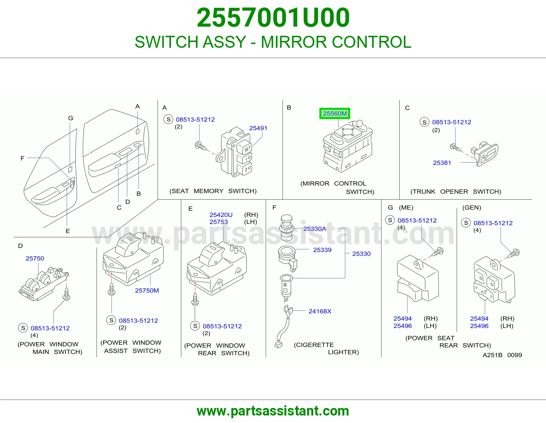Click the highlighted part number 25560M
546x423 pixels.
(x=334, y=114)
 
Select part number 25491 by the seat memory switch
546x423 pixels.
(x=258, y=128)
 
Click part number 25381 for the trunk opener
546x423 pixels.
(x=442, y=163)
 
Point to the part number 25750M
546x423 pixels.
(x=147, y=290)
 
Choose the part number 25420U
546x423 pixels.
(x=221, y=215)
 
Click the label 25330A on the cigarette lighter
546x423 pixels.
(x=315, y=229)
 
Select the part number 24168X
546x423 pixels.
(x=320, y=311)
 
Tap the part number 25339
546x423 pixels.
(x=322, y=250)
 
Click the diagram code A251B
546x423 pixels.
(x=492, y=355)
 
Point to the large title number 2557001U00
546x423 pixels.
(x=273, y=18)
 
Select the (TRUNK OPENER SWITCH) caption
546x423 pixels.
(x=456, y=191)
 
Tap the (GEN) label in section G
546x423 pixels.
(x=472, y=207)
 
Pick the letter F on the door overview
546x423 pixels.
(x=23, y=158)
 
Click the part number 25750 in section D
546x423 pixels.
(x=35, y=259)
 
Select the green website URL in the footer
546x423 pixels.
(x=273, y=411)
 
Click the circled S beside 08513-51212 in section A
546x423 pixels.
(x=168, y=119)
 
